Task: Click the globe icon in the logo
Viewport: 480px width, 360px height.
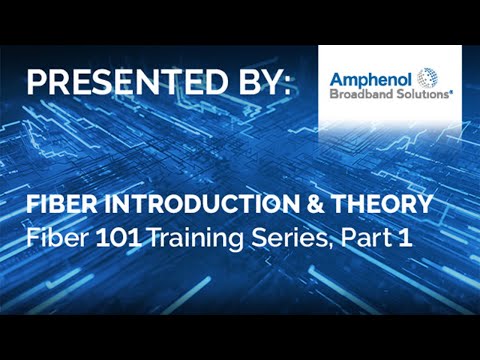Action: coord(427,77)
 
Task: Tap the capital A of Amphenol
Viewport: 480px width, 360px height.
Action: coord(338,76)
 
